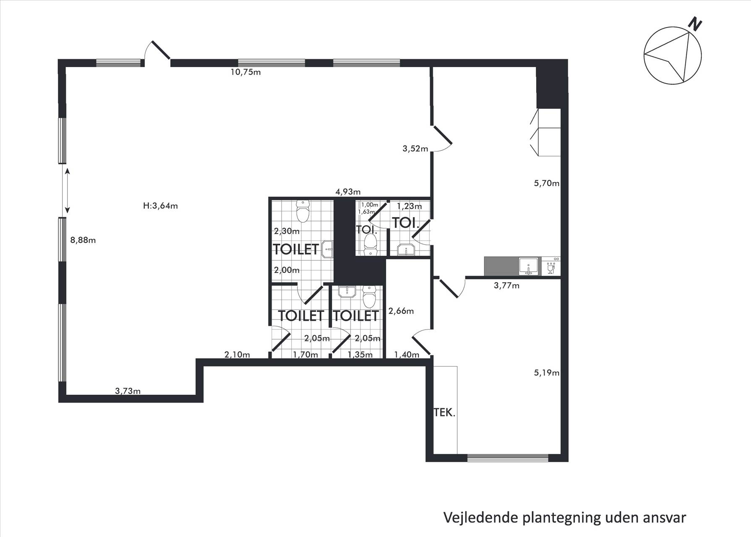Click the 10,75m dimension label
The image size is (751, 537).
pos(245,72)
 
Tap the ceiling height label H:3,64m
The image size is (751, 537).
pos(160,206)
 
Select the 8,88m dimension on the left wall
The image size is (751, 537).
pos(83,240)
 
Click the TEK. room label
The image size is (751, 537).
pos(444,412)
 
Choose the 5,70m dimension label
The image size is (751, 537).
pos(547,183)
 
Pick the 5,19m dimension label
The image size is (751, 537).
pos(547,372)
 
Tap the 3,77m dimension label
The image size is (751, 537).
pos(506,286)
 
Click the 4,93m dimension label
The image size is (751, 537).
pos(348,192)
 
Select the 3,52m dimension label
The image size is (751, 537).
pos(415,148)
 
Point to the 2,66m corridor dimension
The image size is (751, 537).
pos(401,311)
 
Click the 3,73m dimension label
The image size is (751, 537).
pos(128,391)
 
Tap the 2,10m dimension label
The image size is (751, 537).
pos(237,354)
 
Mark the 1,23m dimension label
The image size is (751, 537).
pos(409,206)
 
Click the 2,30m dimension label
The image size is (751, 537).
pos(287,231)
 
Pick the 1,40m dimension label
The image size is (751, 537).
pos(407,355)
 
